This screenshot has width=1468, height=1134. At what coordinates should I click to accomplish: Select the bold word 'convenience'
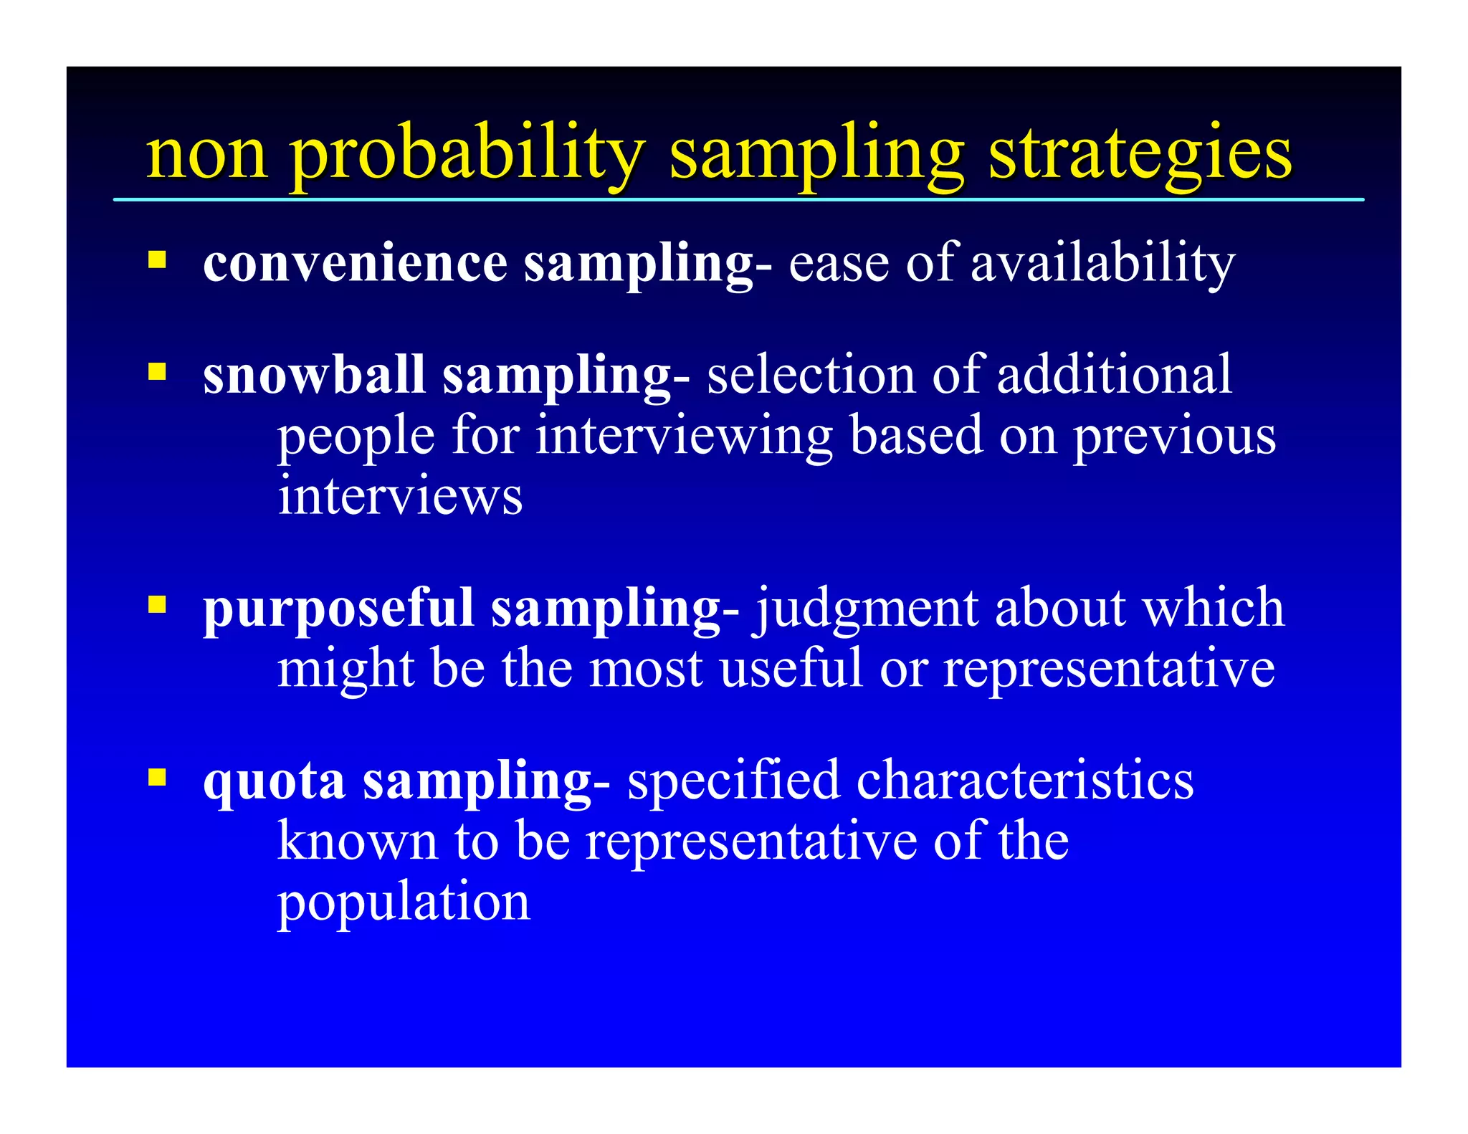(x=355, y=264)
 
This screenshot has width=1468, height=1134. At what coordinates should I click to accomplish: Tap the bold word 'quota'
(x=274, y=782)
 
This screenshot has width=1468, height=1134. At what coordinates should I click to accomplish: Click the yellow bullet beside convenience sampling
(x=157, y=259)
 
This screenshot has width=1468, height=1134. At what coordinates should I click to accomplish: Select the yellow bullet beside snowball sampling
(x=157, y=371)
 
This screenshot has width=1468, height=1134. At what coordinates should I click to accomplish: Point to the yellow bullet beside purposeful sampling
(x=157, y=605)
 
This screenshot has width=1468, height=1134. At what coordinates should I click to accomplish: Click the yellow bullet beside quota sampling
(x=157, y=777)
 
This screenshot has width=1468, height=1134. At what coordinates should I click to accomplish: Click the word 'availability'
(x=1102, y=264)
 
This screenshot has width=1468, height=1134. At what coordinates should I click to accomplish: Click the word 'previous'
(x=1173, y=437)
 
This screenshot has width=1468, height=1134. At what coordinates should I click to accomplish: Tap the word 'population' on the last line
(x=404, y=903)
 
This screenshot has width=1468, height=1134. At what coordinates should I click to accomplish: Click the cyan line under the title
(x=738, y=199)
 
